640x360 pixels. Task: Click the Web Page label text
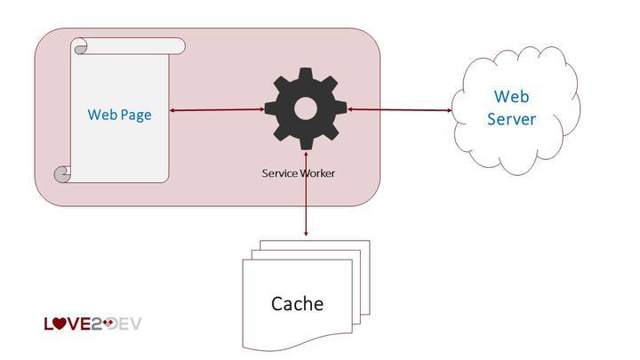119,115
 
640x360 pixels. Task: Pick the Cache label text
297,304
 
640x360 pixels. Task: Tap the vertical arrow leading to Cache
306,209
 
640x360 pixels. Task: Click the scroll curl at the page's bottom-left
62,174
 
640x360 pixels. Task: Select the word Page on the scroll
137,115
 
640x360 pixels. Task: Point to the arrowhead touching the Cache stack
306,233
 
